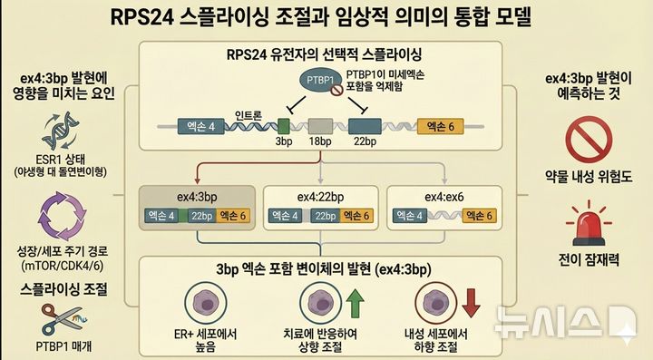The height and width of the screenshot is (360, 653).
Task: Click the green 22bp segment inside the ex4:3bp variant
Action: tap(201, 216)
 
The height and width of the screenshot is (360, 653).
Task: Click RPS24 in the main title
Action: tap(141, 17)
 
